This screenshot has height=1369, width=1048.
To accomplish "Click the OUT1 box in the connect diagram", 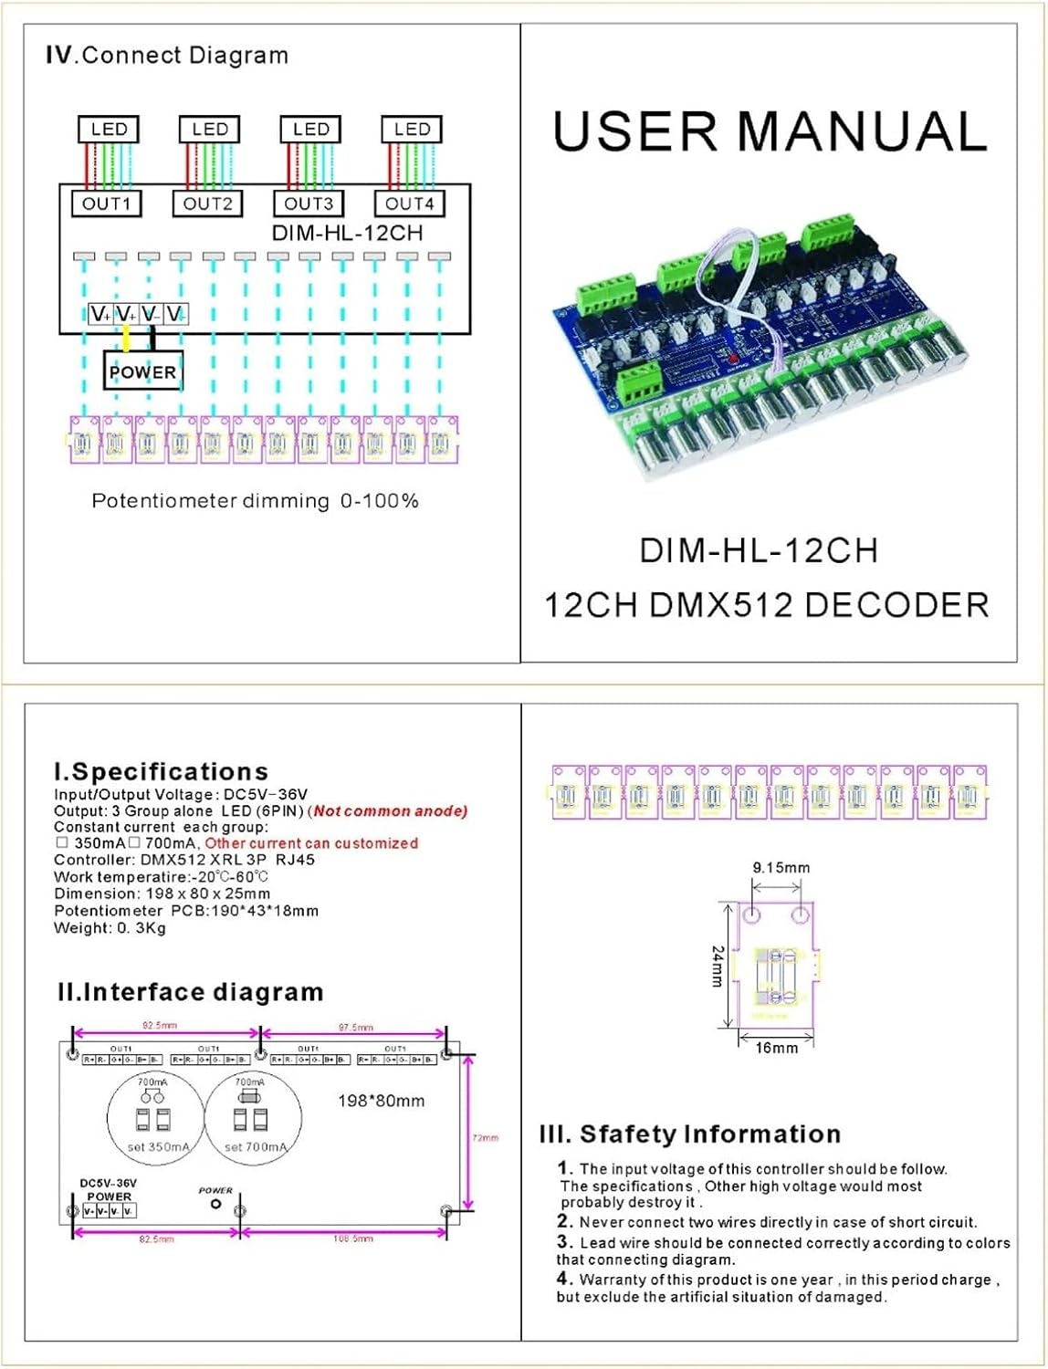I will (107, 204).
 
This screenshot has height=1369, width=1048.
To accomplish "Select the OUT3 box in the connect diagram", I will (309, 204).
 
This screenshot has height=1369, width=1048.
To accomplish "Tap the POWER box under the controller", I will (142, 371).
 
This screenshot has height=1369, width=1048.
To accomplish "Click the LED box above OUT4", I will (412, 130).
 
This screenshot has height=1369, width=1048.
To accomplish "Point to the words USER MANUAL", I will (770, 131).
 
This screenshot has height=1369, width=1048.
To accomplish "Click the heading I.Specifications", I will (162, 771).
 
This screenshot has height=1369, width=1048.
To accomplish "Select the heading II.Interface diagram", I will (190, 992).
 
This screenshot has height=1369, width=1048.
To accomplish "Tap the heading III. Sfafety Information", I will (690, 1134).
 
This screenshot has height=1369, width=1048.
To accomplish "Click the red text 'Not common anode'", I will (390, 810).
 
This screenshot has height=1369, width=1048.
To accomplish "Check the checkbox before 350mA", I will (62, 842).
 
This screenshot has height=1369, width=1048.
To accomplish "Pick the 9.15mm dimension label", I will (781, 868).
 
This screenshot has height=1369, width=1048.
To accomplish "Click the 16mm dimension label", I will (776, 1048).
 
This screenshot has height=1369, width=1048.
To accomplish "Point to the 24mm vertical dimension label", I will (718, 965).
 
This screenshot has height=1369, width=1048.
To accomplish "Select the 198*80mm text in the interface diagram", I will (381, 1101).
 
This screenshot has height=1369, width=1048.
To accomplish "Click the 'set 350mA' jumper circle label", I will (156, 1147).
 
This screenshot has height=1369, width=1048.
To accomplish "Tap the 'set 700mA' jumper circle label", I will (255, 1147).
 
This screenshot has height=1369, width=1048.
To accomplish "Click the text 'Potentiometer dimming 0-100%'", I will (255, 501).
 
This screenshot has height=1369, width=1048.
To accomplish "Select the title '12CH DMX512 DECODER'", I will (767, 605).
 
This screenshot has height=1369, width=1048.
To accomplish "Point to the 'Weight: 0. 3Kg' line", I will (110, 928).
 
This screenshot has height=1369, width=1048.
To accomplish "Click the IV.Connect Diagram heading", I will (167, 56).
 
